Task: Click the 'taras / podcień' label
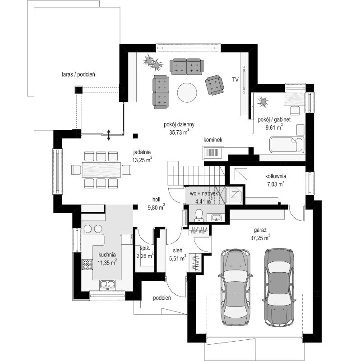click(78, 74)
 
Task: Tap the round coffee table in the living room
click(187, 93)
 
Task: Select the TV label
click(235, 80)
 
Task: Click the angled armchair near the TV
click(215, 85)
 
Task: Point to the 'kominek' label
click(213, 140)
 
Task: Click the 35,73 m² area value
click(179, 133)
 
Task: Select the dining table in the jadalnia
click(102, 170)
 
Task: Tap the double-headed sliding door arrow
click(109, 135)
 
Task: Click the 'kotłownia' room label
click(276, 176)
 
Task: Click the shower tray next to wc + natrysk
click(234, 196)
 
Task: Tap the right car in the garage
click(279, 287)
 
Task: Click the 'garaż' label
click(260, 230)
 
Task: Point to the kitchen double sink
click(107, 284)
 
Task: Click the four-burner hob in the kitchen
click(88, 264)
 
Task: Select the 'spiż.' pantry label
click(145, 248)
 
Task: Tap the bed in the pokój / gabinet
click(287, 145)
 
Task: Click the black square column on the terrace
click(78, 90)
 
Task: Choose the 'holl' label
click(156, 199)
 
